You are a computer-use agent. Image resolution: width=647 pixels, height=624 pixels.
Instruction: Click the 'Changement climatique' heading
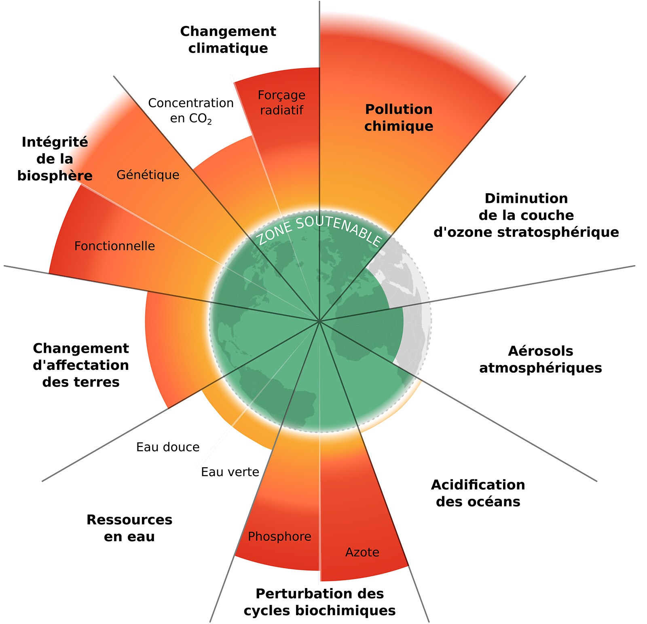coord(228,40)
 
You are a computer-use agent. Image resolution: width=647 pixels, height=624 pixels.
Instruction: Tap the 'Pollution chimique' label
coord(399,118)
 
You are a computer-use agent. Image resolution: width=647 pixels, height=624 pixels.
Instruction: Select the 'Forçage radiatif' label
coord(282,103)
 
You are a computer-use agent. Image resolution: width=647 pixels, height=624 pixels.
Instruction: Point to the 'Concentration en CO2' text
coord(191,110)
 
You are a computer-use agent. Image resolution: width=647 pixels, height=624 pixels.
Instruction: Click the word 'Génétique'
coord(148,175)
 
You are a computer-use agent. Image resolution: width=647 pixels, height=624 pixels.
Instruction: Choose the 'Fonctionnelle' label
coord(114,246)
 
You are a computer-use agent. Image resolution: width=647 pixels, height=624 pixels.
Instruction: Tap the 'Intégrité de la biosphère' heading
coord(55,159)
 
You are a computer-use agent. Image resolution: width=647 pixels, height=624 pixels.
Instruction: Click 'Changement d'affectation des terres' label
coord(81,365)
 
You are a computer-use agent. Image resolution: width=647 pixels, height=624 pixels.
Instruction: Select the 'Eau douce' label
coord(168,447)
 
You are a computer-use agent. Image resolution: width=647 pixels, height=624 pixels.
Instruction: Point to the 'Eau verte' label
coord(230,472)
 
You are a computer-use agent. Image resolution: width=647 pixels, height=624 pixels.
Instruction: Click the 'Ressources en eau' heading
coord(129,528)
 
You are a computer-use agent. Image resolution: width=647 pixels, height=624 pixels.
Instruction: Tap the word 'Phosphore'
coord(279,537)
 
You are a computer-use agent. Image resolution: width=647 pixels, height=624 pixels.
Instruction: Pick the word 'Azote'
coord(362,552)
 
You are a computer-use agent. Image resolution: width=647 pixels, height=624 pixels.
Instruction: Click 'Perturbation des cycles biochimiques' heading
coord(319,602)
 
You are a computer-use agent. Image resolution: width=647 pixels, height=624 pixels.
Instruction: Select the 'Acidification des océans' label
coord(478,493)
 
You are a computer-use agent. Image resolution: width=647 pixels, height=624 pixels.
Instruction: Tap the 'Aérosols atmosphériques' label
coord(540,359)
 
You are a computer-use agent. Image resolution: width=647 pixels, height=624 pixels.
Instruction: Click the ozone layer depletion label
coord(526,215)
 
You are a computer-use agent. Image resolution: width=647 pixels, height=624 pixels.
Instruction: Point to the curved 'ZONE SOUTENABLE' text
coord(319,230)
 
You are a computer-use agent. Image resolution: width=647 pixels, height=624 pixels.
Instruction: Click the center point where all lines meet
coord(319,321)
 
